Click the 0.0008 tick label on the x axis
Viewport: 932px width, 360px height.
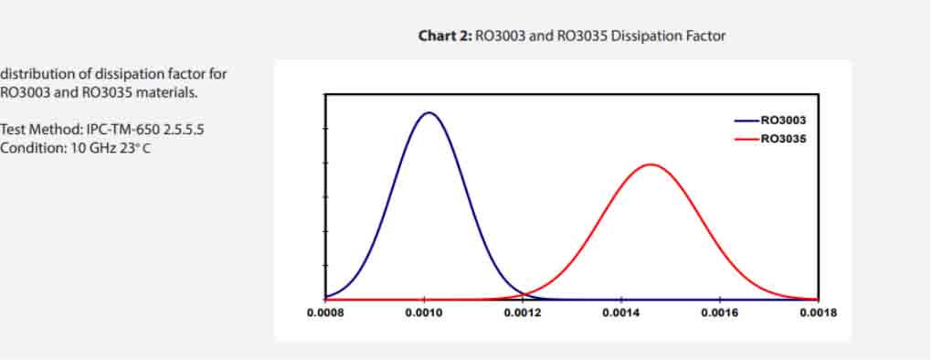pyautogui.click(x=325, y=312)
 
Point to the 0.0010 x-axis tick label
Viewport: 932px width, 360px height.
pyautogui.click(x=424, y=312)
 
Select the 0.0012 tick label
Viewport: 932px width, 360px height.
pyautogui.click(x=523, y=312)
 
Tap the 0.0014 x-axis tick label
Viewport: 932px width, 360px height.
pyautogui.click(x=621, y=312)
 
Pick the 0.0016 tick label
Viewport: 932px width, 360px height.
pyautogui.click(x=720, y=312)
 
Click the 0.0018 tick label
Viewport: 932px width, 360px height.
pyautogui.click(x=818, y=312)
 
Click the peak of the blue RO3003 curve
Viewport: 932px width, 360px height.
pyautogui.click(x=428, y=112)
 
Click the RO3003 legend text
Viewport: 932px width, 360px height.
pyautogui.click(x=784, y=120)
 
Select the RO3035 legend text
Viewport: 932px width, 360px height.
pyautogui.click(x=784, y=138)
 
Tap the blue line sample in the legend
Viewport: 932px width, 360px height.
pyautogui.click(x=747, y=120)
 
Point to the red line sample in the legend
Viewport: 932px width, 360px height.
pyautogui.click(x=747, y=138)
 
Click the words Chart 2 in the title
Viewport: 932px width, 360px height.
pyautogui.click(x=444, y=36)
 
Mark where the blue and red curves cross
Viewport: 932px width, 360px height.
pyautogui.click(x=524, y=293)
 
